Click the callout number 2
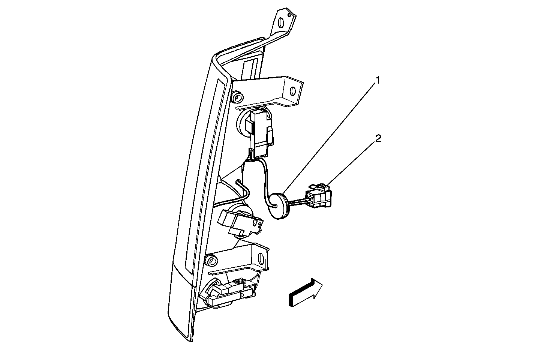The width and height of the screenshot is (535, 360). [378, 138]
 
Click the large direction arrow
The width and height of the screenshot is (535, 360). [306, 292]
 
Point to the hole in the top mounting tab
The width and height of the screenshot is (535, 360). [282, 23]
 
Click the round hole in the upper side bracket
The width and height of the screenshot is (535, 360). [293, 91]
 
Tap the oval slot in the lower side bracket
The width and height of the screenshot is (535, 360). [261, 259]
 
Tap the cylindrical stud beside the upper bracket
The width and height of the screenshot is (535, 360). [237, 97]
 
